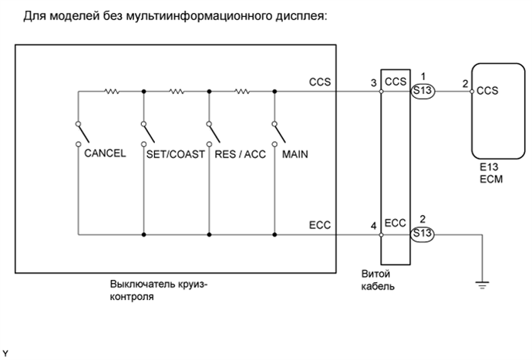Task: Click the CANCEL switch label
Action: point(105,153)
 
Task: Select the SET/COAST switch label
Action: point(175,153)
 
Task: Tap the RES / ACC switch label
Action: point(240,153)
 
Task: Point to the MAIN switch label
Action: point(295,153)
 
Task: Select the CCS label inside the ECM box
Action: point(487,90)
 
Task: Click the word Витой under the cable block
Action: point(376,274)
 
